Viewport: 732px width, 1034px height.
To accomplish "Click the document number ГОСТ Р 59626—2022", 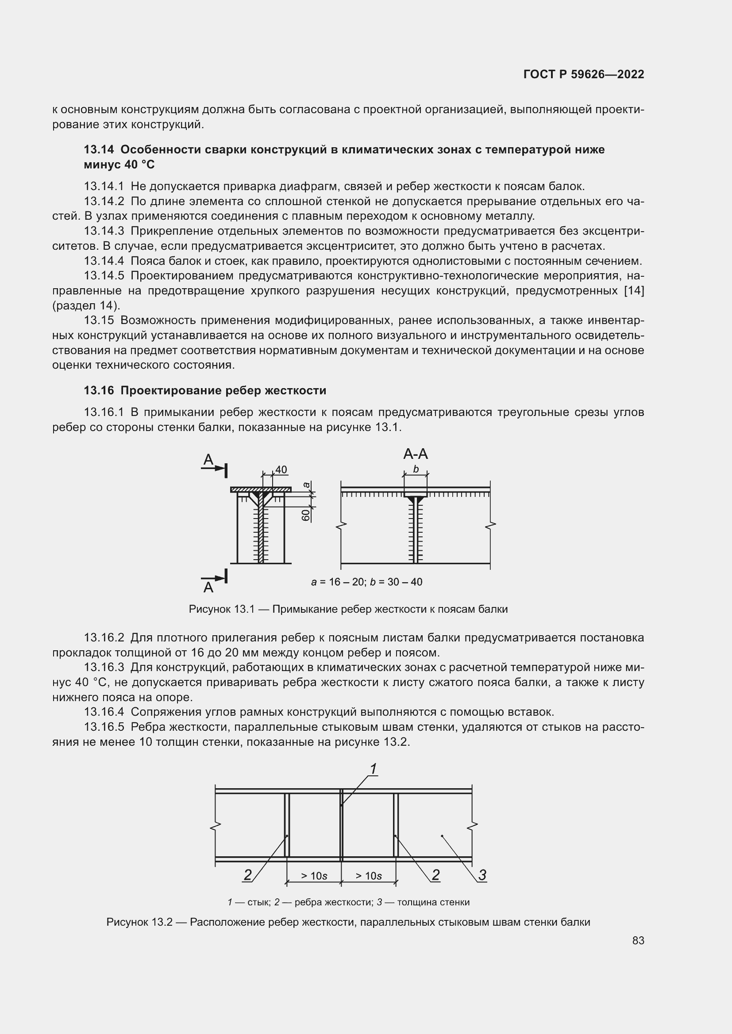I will click(x=584, y=74).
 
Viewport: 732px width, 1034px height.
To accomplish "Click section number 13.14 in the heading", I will click(x=99, y=149).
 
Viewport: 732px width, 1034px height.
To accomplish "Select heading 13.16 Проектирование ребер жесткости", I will click(x=204, y=390).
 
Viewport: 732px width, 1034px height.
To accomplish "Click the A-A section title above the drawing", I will click(x=415, y=454).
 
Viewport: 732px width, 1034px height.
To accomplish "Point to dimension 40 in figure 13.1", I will click(x=281, y=470).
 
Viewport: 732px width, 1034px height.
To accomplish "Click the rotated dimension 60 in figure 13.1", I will click(x=306, y=515).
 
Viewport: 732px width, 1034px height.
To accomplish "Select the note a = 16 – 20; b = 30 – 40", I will click(x=366, y=582).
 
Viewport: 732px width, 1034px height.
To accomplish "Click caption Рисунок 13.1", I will click(x=348, y=609).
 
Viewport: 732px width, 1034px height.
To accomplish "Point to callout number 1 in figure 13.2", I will click(x=373, y=769).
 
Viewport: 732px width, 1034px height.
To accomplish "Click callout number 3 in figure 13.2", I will click(x=482, y=875).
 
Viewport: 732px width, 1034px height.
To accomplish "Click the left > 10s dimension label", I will click(x=314, y=876).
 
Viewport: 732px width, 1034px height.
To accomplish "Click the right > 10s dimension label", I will click(x=368, y=876).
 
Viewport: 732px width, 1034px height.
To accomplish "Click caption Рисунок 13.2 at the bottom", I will click(x=348, y=922).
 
